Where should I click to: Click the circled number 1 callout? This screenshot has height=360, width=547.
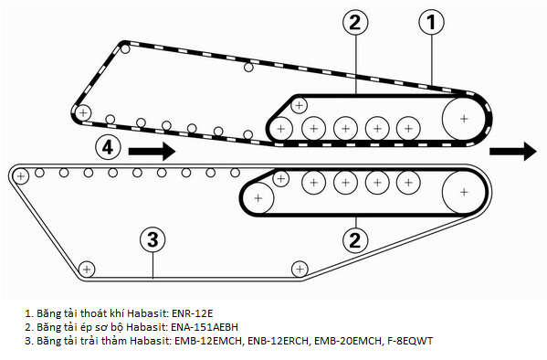click(x=432, y=22)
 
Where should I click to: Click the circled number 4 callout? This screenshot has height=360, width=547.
click(x=108, y=147)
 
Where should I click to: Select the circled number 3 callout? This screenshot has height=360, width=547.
click(x=153, y=239)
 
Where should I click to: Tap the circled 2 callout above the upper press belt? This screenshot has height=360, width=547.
click(x=355, y=22)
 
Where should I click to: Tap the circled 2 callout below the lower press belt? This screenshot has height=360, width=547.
click(x=355, y=240)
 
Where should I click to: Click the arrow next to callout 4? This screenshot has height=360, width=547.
click(x=153, y=151)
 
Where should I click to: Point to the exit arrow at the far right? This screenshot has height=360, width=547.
click(x=513, y=151)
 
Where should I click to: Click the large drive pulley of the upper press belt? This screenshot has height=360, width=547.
click(x=464, y=119)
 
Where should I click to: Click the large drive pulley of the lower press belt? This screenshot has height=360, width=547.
click(x=464, y=192)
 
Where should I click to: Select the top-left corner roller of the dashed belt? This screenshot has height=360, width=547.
click(x=125, y=49)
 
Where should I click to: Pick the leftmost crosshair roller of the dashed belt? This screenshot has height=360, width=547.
click(x=83, y=112)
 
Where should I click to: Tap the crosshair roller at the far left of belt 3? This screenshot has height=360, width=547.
click(x=21, y=176)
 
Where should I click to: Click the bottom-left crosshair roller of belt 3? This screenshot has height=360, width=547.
click(x=87, y=270)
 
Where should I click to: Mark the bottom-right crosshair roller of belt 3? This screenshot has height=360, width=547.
click(x=300, y=270)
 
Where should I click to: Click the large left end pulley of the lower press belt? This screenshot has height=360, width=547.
click(x=258, y=198)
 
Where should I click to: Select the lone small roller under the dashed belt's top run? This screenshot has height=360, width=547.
click(x=248, y=67)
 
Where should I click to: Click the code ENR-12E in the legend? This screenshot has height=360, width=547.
click(x=192, y=313)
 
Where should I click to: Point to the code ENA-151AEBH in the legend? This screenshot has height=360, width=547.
click(x=205, y=327)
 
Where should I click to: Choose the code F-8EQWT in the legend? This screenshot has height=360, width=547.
click(x=410, y=341)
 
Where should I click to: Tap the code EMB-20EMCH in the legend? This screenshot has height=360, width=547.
click(x=348, y=341)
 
